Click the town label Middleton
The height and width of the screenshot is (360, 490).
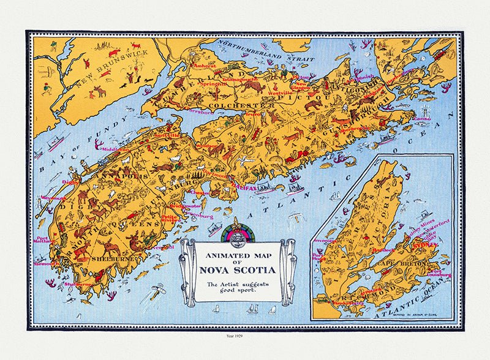(x=116, y=149)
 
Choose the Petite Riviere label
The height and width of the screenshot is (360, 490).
(x=170, y=218)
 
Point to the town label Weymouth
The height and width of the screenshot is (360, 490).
(x=48, y=198)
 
